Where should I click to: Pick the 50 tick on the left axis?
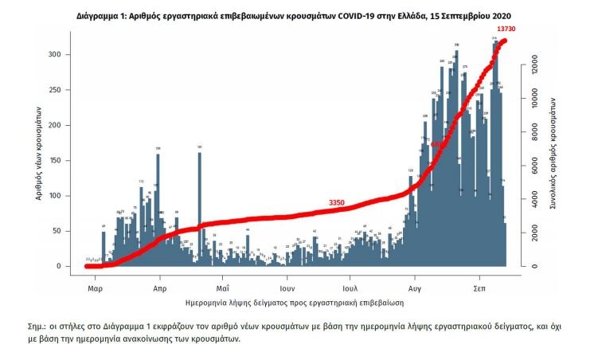point(71,231)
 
